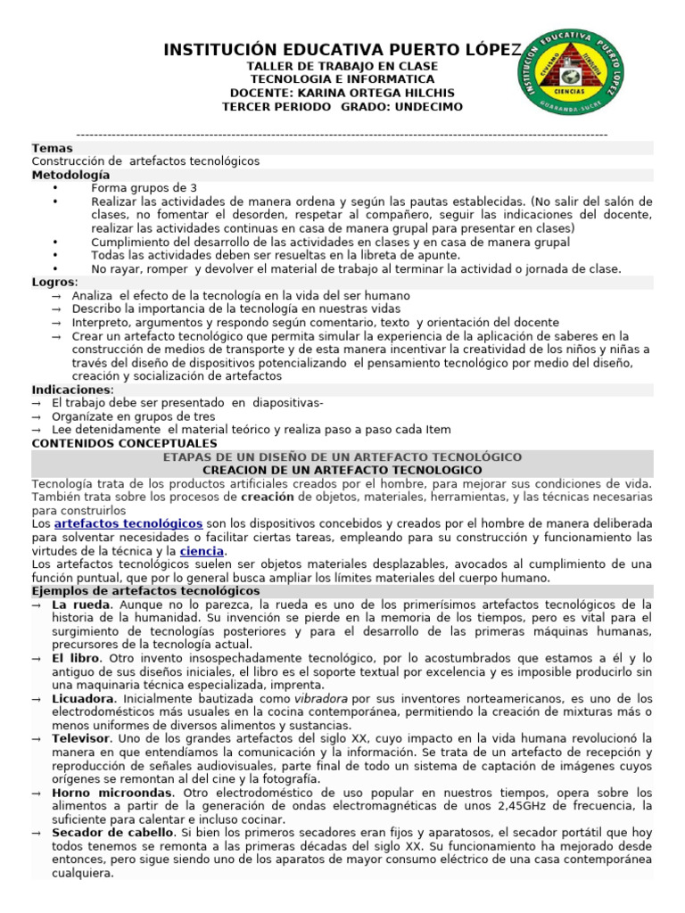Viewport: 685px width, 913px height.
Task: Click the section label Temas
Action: pyautogui.click(x=53, y=148)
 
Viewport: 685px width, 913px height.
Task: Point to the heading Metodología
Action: pyautogui.click(x=71, y=175)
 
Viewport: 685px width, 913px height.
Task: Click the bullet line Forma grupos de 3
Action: pyautogui.click(x=144, y=188)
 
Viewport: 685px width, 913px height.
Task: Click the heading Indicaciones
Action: pyautogui.click(x=72, y=390)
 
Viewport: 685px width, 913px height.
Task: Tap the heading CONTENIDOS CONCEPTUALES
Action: pyautogui.click(x=124, y=443)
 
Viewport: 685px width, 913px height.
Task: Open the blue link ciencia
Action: pyautogui.click(x=202, y=551)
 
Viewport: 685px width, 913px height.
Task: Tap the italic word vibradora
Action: pyautogui.click(x=321, y=698)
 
